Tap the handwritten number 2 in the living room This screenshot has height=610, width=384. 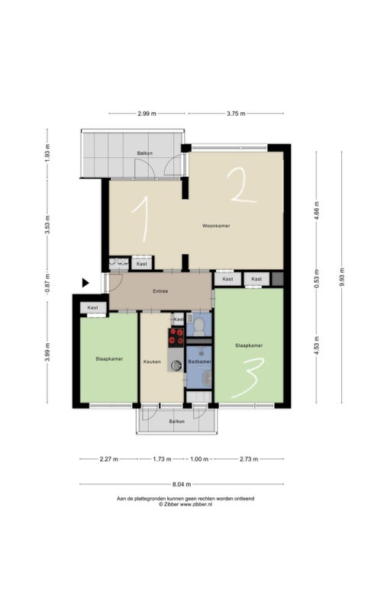[241, 186]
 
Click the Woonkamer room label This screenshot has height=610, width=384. [216, 226]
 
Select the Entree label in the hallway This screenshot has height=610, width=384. [160, 291]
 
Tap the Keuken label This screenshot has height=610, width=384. [152, 361]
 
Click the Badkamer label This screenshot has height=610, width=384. [199, 361]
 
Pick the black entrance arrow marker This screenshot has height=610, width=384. [86, 283]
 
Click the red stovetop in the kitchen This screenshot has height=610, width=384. [176, 337]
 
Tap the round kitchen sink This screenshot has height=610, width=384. [177, 365]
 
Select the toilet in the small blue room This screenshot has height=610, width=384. [199, 327]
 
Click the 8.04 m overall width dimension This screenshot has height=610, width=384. [182, 484]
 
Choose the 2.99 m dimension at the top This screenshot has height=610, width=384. [147, 114]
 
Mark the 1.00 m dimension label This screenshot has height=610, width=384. [199, 459]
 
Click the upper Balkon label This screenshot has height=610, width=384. [144, 153]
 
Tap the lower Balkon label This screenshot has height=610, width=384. [176, 422]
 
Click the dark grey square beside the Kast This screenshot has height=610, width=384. [277, 278]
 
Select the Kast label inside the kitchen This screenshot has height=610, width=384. [179, 319]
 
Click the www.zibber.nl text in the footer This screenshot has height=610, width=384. [196, 504]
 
